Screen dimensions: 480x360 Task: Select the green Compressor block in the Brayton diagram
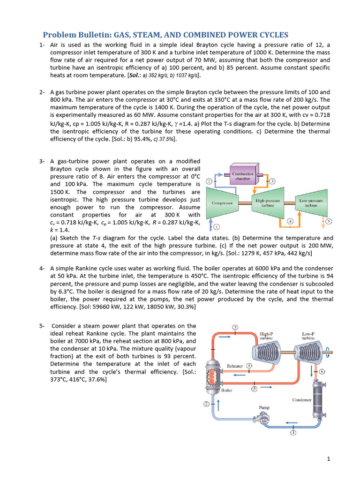[223, 202]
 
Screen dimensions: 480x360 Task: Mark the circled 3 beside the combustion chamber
[272, 181]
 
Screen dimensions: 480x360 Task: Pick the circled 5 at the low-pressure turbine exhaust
[329, 221]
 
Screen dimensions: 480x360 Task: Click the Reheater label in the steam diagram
[235, 366]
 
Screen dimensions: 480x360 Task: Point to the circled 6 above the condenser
[322, 371]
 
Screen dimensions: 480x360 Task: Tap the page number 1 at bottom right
[329, 459]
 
